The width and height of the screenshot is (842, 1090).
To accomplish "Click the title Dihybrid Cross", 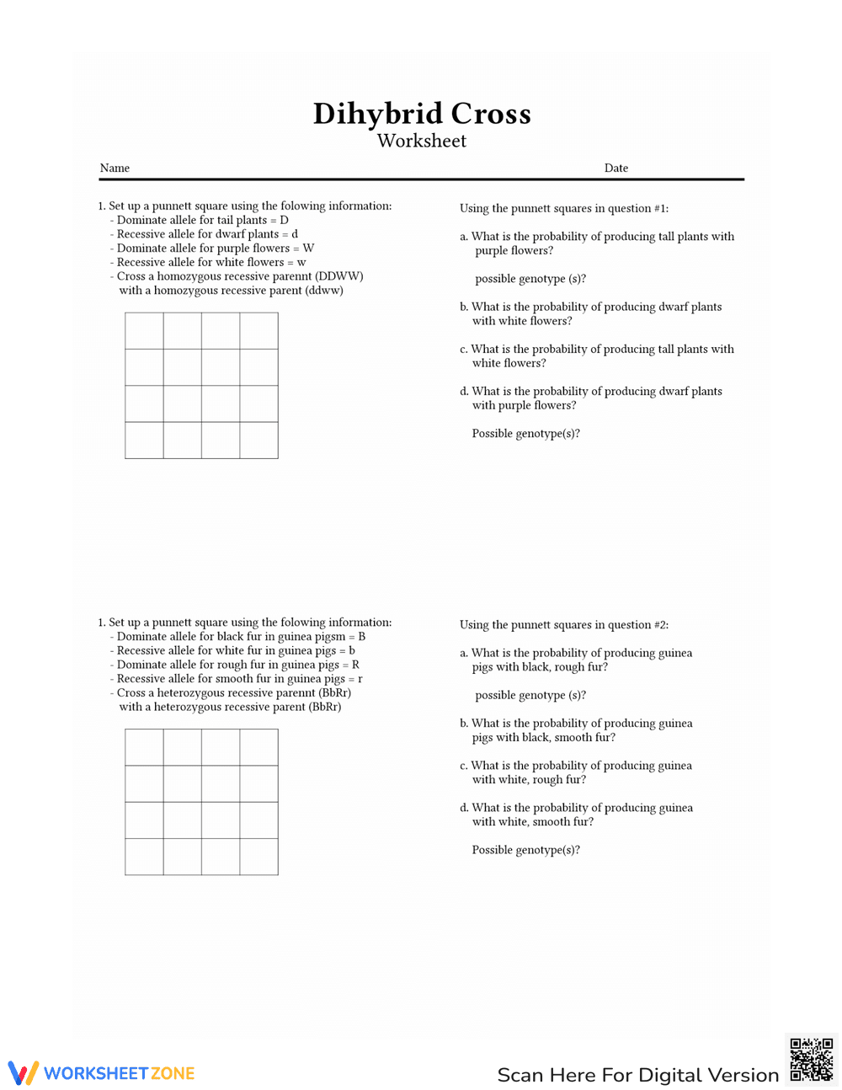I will [x=422, y=114].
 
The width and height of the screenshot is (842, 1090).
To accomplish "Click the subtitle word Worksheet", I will [x=422, y=142].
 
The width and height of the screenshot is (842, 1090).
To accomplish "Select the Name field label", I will [x=115, y=168].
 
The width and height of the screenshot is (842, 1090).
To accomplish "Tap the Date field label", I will [x=616, y=168].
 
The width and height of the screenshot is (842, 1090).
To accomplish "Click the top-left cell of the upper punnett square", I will [x=144, y=331].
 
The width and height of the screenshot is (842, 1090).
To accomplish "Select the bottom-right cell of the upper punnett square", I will [x=259, y=441].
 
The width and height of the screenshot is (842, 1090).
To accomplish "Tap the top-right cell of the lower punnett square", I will [x=259, y=747].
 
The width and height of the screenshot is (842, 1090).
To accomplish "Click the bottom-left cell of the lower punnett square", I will [x=144, y=857].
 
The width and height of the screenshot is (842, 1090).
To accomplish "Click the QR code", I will [x=811, y=1059].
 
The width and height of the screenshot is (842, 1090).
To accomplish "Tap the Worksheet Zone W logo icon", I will [x=24, y=1072].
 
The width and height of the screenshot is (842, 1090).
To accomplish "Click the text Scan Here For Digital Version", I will [x=637, y=1075].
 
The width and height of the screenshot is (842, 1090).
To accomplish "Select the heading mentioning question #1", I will [x=563, y=209].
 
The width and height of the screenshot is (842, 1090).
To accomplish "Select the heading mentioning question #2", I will [x=563, y=625].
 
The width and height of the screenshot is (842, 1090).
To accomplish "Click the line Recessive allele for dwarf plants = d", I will [x=206, y=234].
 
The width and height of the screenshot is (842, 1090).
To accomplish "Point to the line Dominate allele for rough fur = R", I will [x=237, y=665].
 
